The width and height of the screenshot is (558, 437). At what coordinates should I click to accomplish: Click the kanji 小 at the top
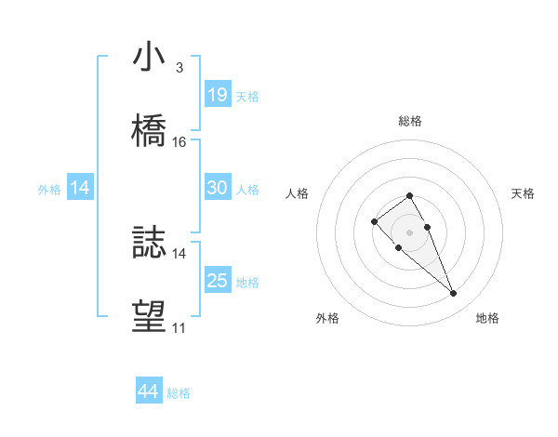click(x=149, y=57)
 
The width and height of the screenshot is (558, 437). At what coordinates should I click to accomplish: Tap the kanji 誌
click(x=149, y=245)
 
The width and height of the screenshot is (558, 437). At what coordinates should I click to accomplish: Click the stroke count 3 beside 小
click(x=179, y=68)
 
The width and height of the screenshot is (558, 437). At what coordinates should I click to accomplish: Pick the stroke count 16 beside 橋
click(x=179, y=142)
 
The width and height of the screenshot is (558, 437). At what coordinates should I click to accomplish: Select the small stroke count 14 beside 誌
click(x=179, y=253)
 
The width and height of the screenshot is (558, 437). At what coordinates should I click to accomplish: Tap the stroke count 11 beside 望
click(x=179, y=328)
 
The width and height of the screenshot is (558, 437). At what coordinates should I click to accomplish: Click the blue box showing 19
click(x=218, y=94)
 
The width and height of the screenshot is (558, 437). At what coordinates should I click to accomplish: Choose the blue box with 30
click(x=218, y=188)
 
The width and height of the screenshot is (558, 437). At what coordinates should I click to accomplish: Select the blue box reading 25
click(x=218, y=281)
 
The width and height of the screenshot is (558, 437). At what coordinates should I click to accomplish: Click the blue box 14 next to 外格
click(x=80, y=188)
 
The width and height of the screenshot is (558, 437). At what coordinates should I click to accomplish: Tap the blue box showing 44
click(x=148, y=391)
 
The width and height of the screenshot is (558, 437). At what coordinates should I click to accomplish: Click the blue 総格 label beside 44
click(x=179, y=393)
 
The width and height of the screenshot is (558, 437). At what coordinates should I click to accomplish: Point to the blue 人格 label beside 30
click(x=247, y=190)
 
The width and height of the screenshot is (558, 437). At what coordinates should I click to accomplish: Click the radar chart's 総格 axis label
click(x=410, y=121)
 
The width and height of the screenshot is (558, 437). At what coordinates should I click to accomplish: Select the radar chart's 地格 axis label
click(x=487, y=318)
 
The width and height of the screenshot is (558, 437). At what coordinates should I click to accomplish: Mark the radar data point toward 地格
click(x=454, y=294)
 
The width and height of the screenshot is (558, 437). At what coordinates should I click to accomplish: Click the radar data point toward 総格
click(x=409, y=195)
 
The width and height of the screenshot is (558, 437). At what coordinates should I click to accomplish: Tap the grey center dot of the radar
click(x=409, y=232)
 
